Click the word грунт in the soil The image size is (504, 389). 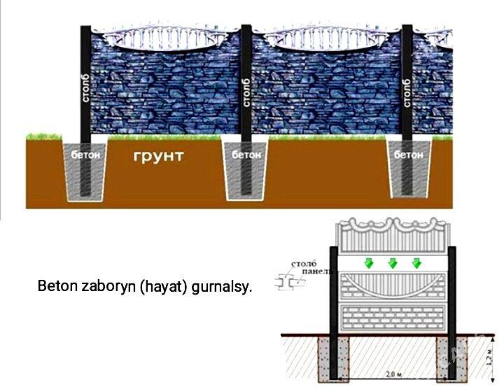click(x=158, y=155)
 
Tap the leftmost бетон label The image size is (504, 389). click(x=85, y=153)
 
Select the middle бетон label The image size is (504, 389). click(x=246, y=154)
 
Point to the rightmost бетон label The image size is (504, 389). click(x=409, y=154)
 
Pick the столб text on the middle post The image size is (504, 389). click(x=246, y=91)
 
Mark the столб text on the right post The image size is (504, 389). click(x=407, y=91)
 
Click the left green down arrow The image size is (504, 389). click(x=368, y=263)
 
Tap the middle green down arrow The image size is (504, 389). click(x=393, y=263)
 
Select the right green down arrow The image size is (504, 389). click(x=417, y=263)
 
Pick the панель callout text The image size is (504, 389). click(x=307, y=271)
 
